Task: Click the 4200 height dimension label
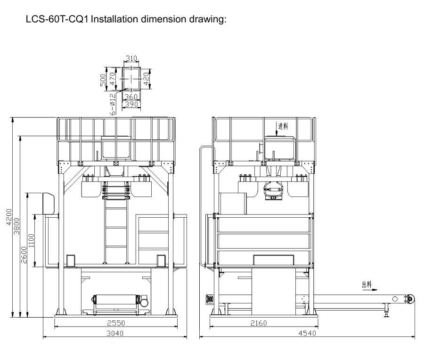[x=9, y=217]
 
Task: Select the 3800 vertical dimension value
[x=16, y=226]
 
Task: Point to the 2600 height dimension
[x=24, y=255]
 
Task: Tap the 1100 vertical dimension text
[x=32, y=241]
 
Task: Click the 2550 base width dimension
[x=116, y=323]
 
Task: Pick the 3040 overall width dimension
[x=115, y=333]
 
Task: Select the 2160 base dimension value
[x=259, y=323]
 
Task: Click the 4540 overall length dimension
[x=307, y=333]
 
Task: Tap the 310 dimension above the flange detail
[x=132, y=58]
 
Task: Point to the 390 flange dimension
[x=131, y=104]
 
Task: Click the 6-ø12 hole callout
[x=113, y=104]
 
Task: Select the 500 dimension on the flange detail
[x=103, y=80]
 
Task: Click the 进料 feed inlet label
[x=283, y=126]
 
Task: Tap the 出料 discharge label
[x=367, y=284]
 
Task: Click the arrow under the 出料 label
[x=370, y=289]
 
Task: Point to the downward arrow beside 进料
[x=277, y=129]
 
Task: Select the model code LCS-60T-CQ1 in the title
[x=57, y=19]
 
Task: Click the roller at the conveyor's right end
[x=411, y=299]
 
